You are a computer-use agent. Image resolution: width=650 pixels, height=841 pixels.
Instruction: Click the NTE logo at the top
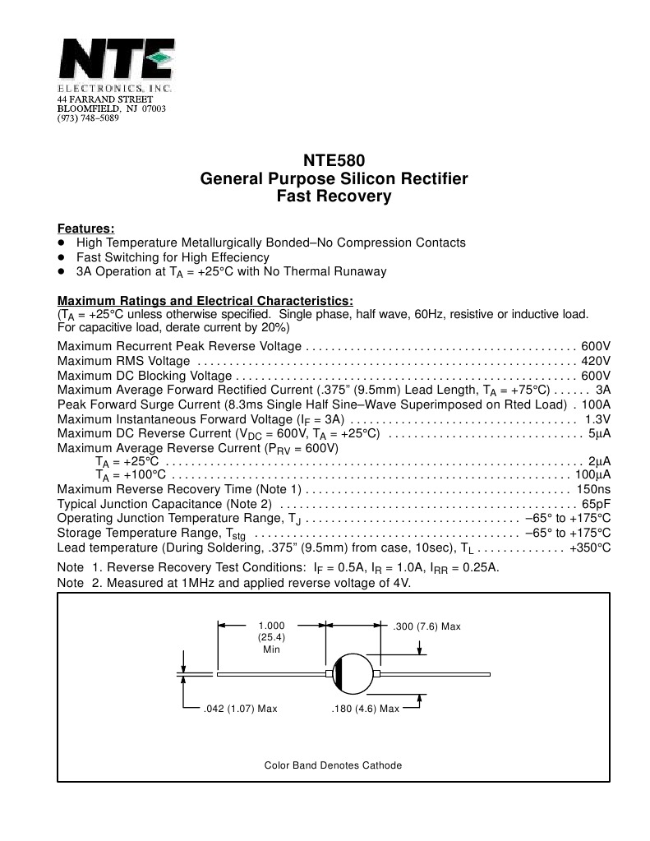[x=115, y=60]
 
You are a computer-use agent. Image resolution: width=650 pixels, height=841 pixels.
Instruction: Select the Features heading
[x=85, y=228]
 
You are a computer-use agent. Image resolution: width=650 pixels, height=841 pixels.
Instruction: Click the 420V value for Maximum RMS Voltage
[x=596, y=361]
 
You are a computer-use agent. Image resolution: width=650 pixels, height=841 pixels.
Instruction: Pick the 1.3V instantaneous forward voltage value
[x=597, y=419]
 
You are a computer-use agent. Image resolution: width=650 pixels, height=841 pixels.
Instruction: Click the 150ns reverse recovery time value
[x=593, y=489]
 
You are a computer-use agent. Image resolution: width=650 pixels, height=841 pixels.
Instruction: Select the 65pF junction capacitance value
[x=596, y=503]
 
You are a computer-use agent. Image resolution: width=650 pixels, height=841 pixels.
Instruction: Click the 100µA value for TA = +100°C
[x=592, y=475]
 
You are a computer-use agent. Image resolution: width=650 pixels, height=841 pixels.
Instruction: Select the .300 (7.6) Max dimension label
[x=427, y=626]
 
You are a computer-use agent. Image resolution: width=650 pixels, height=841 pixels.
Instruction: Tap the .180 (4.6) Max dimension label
[x=364, y=709]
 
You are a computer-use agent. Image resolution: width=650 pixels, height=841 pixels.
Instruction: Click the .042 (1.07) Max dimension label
[x=240, y=709]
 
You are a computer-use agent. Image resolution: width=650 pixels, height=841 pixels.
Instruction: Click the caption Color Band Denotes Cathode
[x=333, y=765]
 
